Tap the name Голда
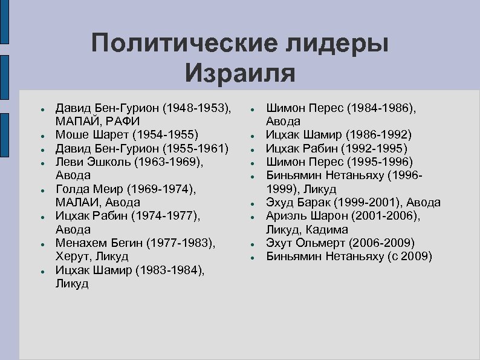click(71, 189)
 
